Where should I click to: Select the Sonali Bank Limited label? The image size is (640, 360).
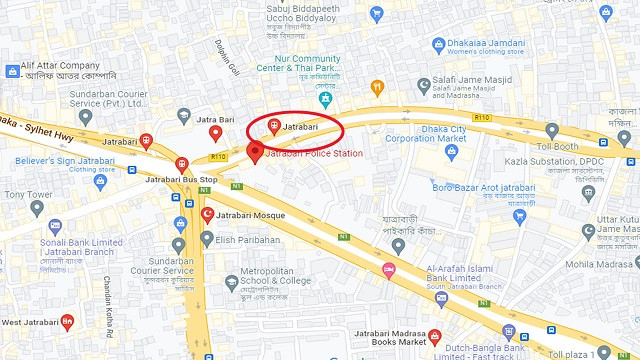(x=82, y=243)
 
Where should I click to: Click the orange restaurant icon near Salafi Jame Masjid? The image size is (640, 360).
(x=377, y=86)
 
